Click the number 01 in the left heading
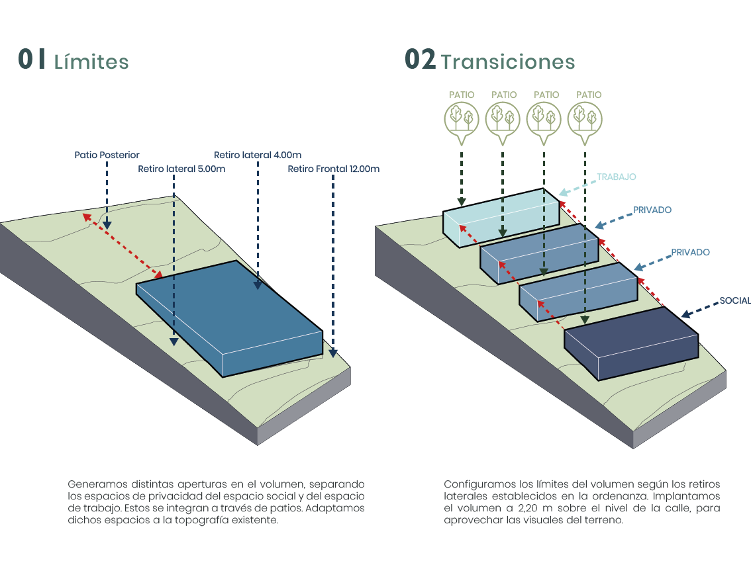coord(32,60)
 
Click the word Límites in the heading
coord(91,62)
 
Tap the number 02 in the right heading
coord(420,60)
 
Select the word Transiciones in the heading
coord(508,62)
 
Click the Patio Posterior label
coord(107,155)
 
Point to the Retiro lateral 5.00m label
coord(181,169)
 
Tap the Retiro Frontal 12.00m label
coord(333,169)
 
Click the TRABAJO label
coord(616,177)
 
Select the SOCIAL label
coord(735,300)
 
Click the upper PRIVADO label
coord(652,210)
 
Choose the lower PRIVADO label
coord(690,253)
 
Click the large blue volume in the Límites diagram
coord(232,311)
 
